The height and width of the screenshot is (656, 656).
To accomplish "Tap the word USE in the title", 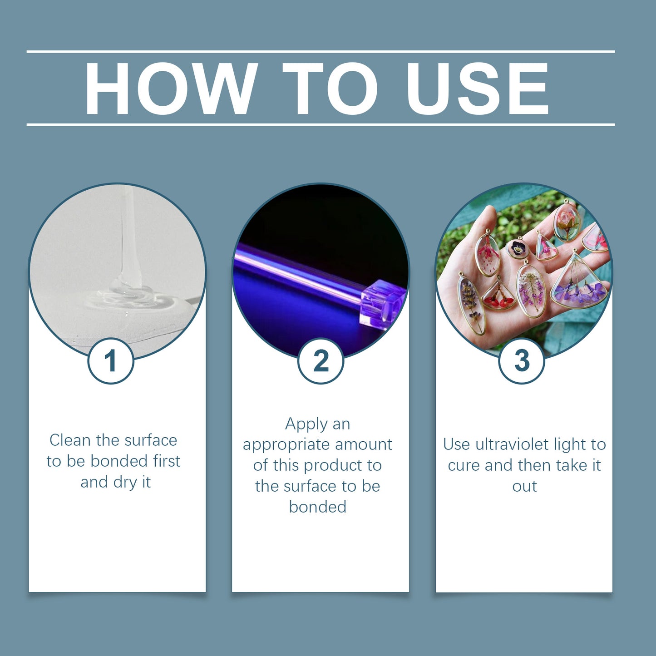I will [478, 88].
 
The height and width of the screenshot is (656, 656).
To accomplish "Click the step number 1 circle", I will [111, 361].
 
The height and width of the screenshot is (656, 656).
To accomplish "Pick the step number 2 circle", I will [321, 361].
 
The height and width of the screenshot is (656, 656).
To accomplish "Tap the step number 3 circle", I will [522, 361].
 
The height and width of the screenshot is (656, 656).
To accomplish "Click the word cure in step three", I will [464, 465].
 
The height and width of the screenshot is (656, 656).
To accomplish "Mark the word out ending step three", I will [524, 486].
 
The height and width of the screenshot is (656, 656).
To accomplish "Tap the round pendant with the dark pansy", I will [518, 248].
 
